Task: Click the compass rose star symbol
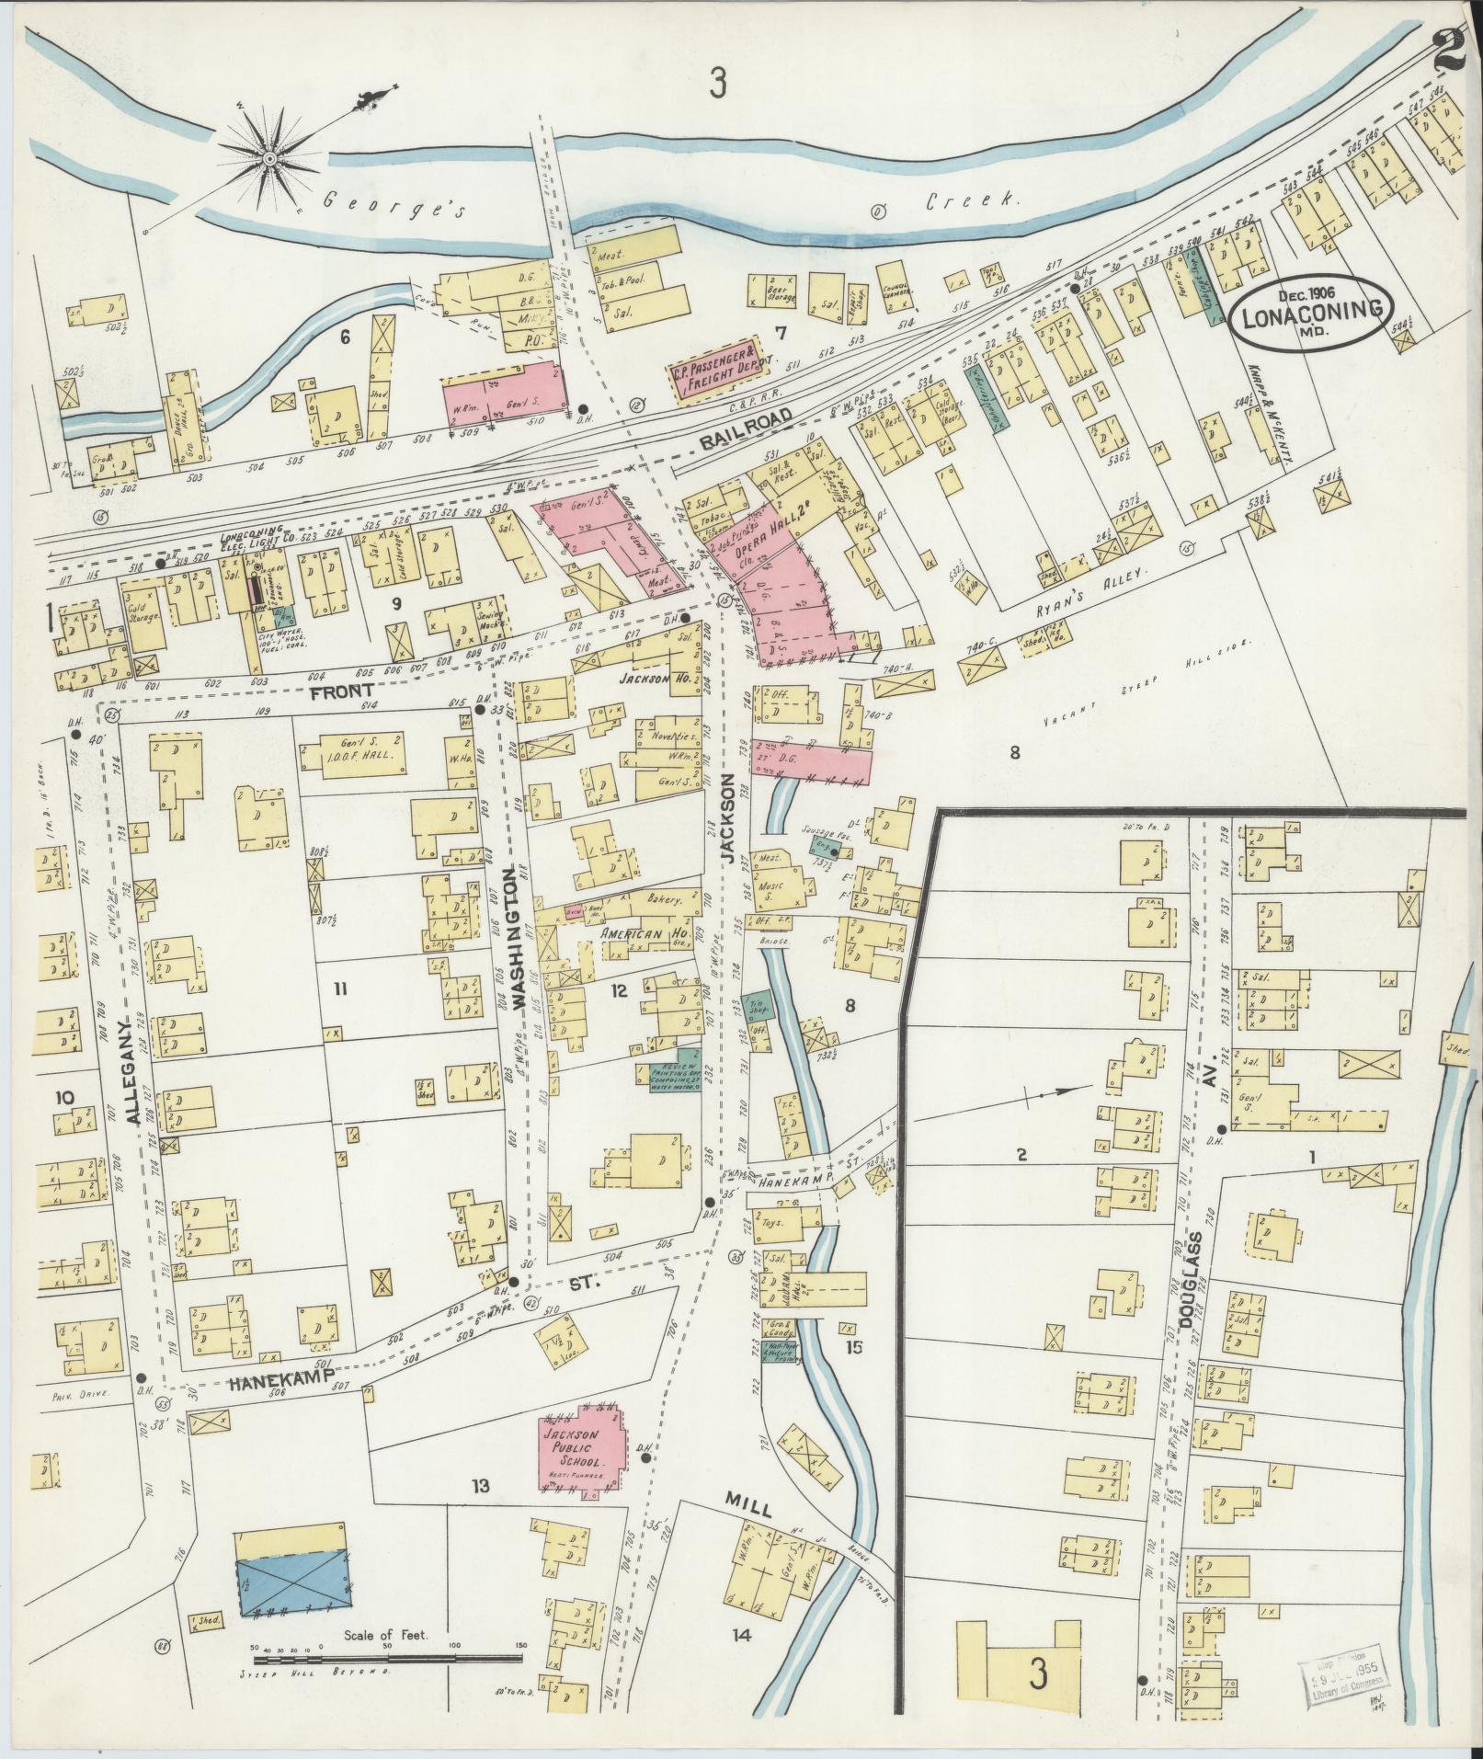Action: [269, 160]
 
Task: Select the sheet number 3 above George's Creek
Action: [717, 85]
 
